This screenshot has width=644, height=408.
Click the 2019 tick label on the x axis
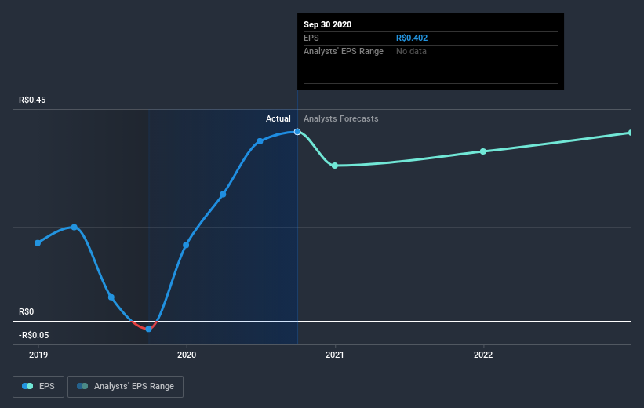[38, 355]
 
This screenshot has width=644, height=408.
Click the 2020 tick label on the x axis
[187, 355]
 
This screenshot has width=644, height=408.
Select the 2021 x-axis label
[335, 355]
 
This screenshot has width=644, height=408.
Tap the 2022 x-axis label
[483, 355]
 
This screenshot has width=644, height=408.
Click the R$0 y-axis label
[27, 311]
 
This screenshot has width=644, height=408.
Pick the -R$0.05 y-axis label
[33, 335]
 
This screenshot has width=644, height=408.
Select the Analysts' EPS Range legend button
[126, 386]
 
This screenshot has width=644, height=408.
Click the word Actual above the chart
[278, 118]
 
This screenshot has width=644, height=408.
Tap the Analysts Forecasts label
[341, 118]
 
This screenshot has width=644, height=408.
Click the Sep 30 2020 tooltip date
[328, 24]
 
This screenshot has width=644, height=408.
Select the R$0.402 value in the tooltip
[412, 38]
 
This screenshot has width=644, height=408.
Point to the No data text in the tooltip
[411, 51]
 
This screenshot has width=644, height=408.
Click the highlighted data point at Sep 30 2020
[297, 131]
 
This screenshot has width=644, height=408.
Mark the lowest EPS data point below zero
[148, 329]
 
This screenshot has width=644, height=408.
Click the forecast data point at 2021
[335, 166]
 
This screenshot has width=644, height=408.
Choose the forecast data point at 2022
[483, 151]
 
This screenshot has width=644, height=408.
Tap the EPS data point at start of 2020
[186, 245]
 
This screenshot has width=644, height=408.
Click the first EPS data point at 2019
[38, 242]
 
